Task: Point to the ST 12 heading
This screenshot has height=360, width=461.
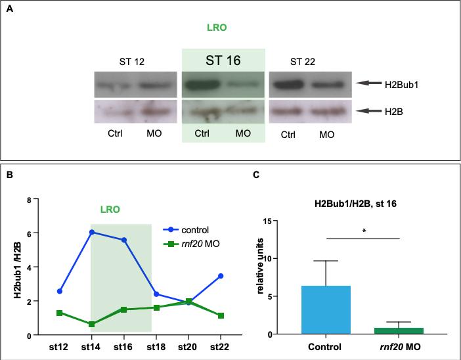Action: coord(127,62)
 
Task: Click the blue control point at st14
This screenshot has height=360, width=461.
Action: coord(91,232)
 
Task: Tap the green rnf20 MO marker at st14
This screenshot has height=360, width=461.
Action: coord(91,324)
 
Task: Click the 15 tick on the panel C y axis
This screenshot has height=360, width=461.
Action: coord(286,220)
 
